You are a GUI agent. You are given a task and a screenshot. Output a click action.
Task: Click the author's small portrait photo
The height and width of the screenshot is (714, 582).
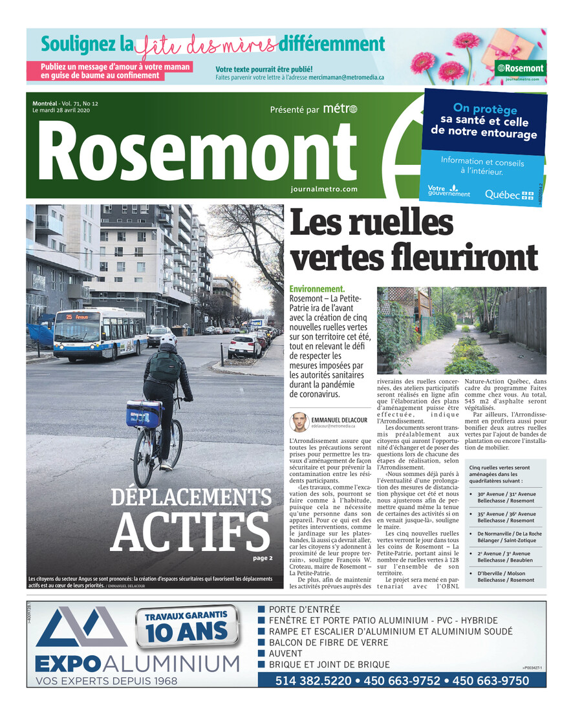click(299, 422)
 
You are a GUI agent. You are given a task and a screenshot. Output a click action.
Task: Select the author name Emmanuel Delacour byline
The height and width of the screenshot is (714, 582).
click(340, 420)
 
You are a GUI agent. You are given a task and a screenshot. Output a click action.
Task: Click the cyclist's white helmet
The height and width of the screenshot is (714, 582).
click(169, 338)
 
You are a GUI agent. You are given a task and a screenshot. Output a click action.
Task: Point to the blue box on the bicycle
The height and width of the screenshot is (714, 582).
click(144, 413)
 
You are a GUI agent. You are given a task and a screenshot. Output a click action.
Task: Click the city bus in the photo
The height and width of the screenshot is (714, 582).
click(100, 334)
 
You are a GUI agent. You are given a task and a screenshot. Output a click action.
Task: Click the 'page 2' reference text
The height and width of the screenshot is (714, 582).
click(263, 557)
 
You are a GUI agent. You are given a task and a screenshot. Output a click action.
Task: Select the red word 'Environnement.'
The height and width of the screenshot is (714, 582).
click(317, 288)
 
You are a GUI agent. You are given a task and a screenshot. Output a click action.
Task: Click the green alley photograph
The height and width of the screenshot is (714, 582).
click(461, 330)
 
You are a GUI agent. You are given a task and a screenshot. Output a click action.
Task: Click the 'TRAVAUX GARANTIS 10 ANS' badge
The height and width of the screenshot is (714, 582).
click(186, 625)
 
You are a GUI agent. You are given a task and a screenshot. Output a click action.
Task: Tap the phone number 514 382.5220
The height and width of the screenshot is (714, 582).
click(313, 681)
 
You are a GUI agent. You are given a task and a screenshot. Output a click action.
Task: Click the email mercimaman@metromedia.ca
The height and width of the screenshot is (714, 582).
click(346, 77)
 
